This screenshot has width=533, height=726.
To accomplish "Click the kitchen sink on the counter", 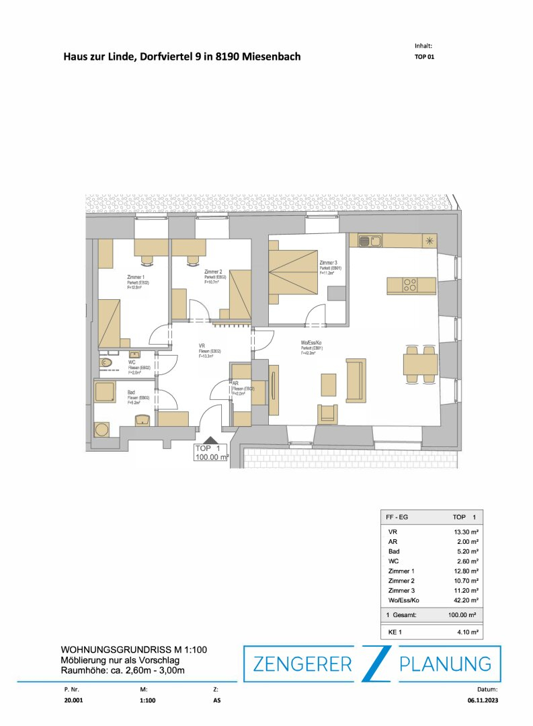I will pos(370,240).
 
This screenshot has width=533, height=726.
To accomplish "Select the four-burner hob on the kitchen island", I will pos(410,285).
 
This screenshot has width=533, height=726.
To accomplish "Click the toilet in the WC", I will pos(106,363).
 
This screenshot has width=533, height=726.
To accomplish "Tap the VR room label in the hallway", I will pos(202,346).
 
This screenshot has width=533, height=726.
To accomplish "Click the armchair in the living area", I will pos(327,414).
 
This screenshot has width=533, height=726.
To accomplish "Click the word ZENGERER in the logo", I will pos(302,664).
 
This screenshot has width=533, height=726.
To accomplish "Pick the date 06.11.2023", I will pos(484,700).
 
